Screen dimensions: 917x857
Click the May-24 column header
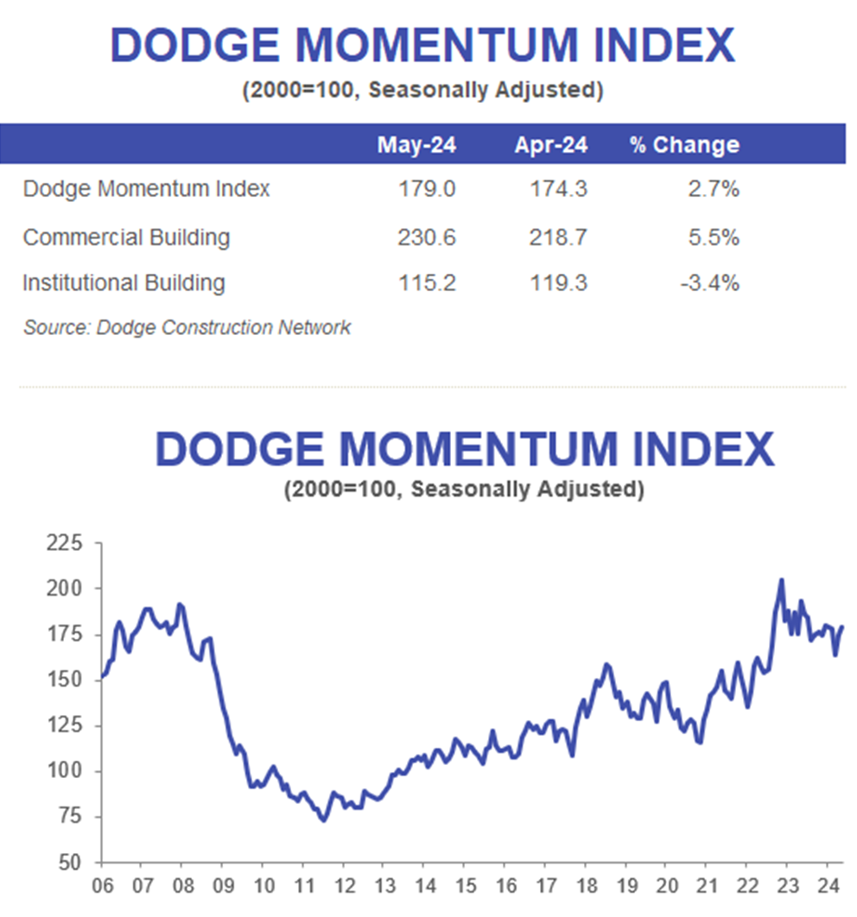(x=416, y=145)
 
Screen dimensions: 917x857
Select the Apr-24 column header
(x=550, y=145)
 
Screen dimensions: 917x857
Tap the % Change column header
(x=684, y=145)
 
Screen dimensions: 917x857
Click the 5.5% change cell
(x=713, y=237)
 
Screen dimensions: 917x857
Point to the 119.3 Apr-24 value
(x=558, y=282)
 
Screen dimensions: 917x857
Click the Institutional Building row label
(x=124, y=282)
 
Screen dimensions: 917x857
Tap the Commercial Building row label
(x=126, y=237)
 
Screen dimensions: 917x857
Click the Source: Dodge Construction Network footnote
(x=187, y=327)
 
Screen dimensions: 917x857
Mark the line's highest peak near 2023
(x=781, y=580)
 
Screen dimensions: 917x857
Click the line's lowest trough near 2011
(x=323, y=820)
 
